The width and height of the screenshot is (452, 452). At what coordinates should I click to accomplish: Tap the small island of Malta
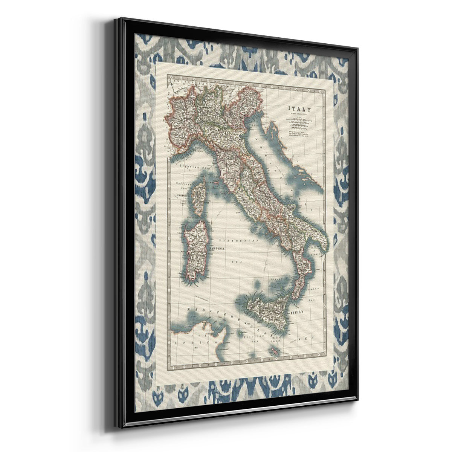coord(274,351)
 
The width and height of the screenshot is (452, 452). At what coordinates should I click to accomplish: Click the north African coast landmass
coord(203,335)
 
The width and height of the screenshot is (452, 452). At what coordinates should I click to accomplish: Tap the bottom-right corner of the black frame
coord(357,399)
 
